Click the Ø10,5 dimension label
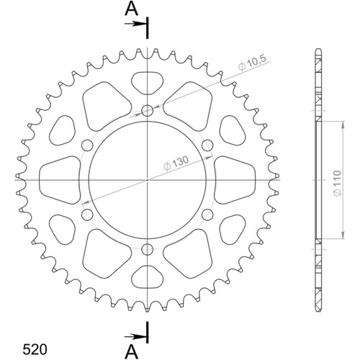253,63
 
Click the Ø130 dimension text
176,163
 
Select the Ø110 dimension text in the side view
338,183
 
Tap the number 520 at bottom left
35,349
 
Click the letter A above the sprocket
132,9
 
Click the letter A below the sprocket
132,351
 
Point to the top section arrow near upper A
135,24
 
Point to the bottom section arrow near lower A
135,336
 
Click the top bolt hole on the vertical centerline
148,110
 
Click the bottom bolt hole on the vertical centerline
148,250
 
